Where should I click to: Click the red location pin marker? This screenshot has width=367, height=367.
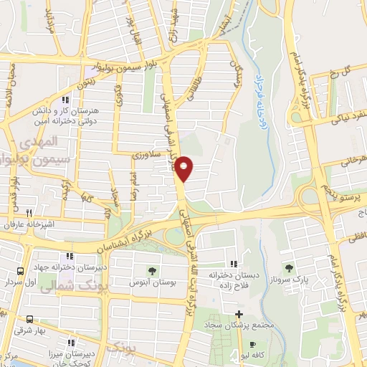click(x=184, y=168)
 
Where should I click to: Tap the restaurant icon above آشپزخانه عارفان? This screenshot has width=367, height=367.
click(x=29, y=212)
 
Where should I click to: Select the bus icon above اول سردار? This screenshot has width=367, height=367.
click(x=20, y=272)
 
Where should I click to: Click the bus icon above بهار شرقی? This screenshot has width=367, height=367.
click(x=29, y=320)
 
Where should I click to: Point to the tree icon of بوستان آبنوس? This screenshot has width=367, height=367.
click(x=152, y=270)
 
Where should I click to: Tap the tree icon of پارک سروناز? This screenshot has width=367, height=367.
click(x=290, y=267)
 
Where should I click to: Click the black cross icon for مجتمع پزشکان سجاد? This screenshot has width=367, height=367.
click(x=239, y=314)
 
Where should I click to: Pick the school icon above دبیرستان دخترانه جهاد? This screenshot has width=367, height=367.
click(x=69, y=256)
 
